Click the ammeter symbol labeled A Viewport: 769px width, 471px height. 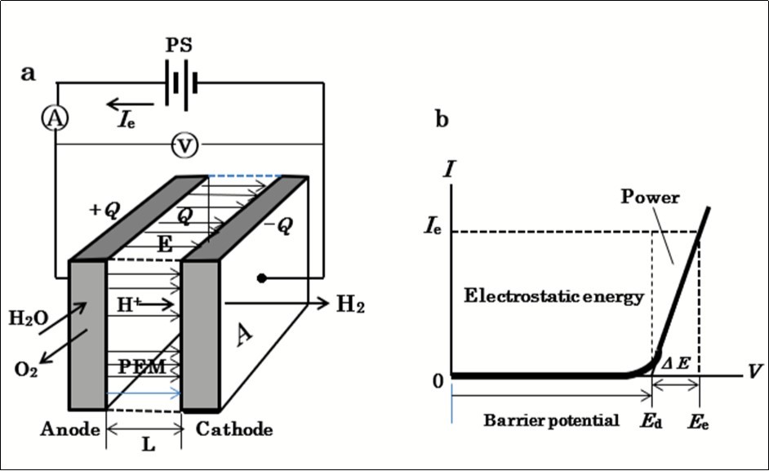(56, 119)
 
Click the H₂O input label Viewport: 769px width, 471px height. (27, 318)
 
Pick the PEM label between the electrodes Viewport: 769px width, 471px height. (142, 367)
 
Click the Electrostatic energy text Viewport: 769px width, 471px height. (553, 296)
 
